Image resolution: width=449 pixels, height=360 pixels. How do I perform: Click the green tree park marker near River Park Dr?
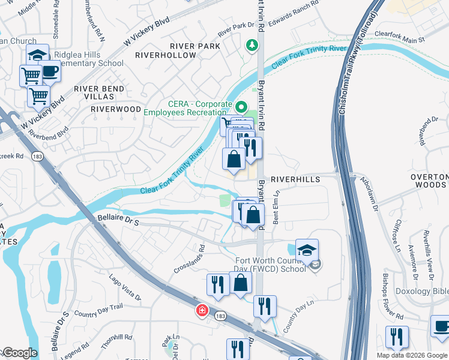[x=253, y=44]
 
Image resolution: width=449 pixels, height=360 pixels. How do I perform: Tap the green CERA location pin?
[x=241, y=108]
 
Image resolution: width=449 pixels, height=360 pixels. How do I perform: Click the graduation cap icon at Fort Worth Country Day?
[x=307, y=250]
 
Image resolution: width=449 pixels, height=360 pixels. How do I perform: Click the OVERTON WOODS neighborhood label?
[x=429, y=182]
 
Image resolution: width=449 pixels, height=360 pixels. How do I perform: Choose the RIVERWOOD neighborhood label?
[x=116, y=110]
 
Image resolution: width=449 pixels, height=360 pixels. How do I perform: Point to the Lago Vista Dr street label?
[x=124, y=287]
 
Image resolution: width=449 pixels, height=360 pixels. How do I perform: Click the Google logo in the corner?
[x=19, y=353]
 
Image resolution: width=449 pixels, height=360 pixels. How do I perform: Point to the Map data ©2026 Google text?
[x=411, y=355]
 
